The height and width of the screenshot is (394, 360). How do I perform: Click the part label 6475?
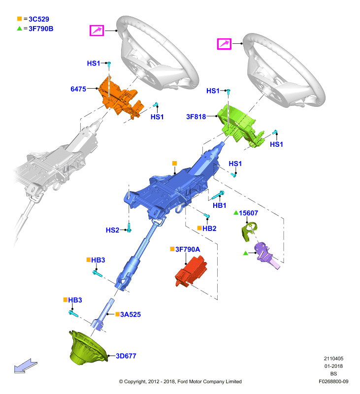click(x=78, y=89)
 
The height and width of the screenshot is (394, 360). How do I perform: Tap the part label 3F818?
click(x=196, y=117)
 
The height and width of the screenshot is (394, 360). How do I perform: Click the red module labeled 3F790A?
click(x=191, y=271)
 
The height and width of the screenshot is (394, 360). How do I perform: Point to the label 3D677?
click(x=126, y=356)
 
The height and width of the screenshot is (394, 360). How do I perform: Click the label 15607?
click(x=248, y=213)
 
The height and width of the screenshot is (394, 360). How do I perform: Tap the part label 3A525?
click(x=131, y=314)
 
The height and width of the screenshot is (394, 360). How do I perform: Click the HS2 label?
click(x=112, y=230)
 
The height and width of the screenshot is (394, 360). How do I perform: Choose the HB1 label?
click(x=219, y=205)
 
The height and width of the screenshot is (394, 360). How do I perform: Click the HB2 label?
click(x=209, y=229)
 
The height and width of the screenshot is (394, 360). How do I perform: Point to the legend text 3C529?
click(x=39, y=19)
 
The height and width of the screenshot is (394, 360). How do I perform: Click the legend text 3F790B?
click(x=41, y=29)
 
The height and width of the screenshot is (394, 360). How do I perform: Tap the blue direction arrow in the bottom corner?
click(x=26, y=366)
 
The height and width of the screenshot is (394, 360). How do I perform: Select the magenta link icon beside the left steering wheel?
click(x=97, y=31)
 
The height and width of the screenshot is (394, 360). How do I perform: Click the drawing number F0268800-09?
click(x=333, y=381)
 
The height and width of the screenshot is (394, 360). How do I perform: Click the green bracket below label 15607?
click(x=249, y=231)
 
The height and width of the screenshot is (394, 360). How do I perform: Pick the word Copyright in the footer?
click(x=135, y=382)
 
